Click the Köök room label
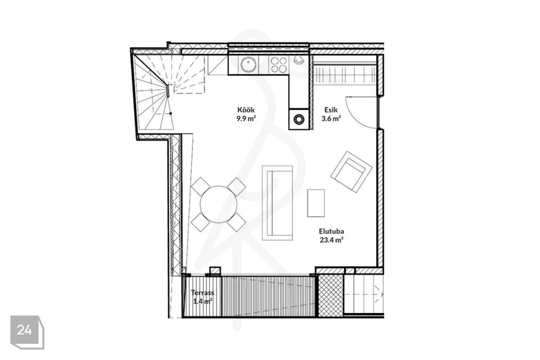click(x=246, y=110)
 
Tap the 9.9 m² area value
click(x=246, y=119)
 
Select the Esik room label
click(x=331, y=110)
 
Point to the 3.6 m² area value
click(x=331, y=119)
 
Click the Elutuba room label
click(x=331, y=231)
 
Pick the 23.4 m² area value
click(x=331, y=240)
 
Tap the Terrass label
click(x=202, y=292)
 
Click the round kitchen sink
click(x=248, y=64)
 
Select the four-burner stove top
click(x=278, y=65)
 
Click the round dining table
click(x=219, y=204)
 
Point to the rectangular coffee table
click(x=316, y=203)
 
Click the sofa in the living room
click(x=277, y=203)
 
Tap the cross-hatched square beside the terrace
click(x=330, y=295)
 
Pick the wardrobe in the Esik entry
click(x=345, y=73)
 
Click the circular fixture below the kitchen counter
click(x=299, y=119)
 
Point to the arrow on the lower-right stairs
click(x=364, y=294)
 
